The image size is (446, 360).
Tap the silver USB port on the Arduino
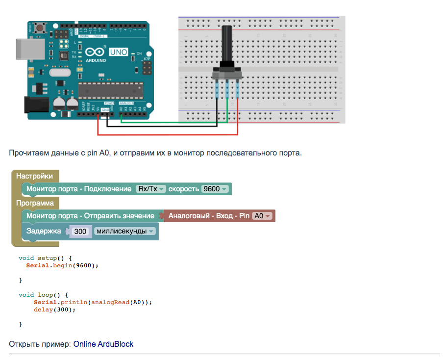tap(24, 48)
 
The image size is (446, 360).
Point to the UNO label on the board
tap(118, 51)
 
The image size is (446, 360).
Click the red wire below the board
tap(167, 134)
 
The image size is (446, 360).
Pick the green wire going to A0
tap(172, 123)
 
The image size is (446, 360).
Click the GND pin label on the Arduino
tap(105, 110)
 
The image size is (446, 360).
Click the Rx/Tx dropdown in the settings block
tap(151, 189)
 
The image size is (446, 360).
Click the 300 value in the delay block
tap(81, 231)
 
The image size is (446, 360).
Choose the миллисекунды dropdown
tap(125, 231)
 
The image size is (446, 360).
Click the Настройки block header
tap(34, 176)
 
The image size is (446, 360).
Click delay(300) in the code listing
tap(55, 309)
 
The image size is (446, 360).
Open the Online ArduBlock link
tap(103, 344)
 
